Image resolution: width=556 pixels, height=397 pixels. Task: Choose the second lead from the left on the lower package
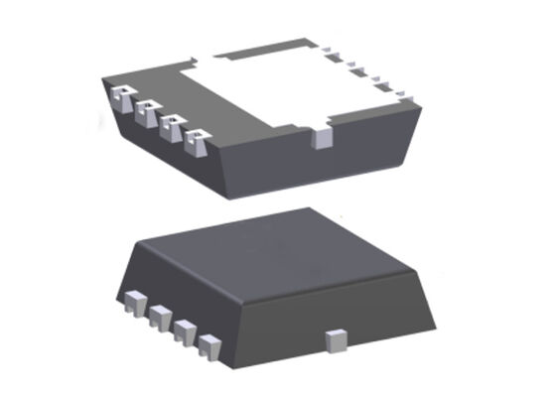(x=159, y=317)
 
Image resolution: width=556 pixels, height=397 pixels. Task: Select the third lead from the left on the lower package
(x=184, y=331)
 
